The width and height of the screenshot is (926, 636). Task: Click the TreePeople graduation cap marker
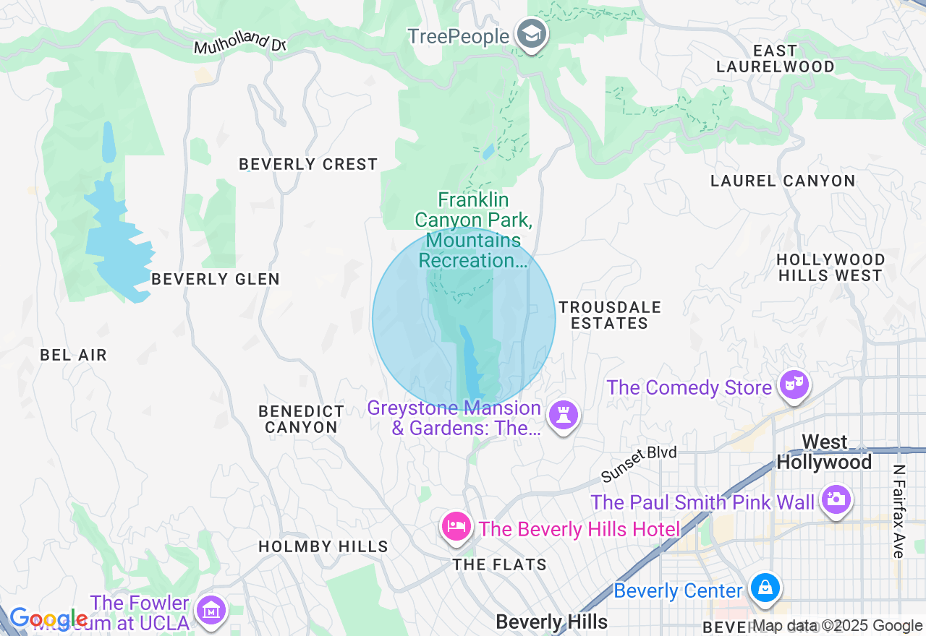[532, 34]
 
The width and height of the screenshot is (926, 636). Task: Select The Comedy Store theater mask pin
[794, 385]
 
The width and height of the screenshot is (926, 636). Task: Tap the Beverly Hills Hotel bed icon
[456, 526]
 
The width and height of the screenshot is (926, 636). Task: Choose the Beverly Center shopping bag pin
[765, 588]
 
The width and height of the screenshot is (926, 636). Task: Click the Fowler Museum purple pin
[211, 610]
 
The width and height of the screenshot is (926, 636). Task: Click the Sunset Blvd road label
[639, 464]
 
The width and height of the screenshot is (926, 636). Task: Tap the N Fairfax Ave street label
[899, 511]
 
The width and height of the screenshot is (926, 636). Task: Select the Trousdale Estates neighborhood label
[609, 315]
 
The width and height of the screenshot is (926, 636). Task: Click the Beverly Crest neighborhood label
[308, 165]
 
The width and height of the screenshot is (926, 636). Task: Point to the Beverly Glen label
[215, 279]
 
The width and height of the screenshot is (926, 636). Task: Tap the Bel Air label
[73, 355]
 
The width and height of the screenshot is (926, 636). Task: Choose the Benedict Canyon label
[301, 419]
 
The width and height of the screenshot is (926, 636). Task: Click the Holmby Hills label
[323, 546]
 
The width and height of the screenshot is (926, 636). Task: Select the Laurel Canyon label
[783, 181]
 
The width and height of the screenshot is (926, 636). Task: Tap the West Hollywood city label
[824, 452]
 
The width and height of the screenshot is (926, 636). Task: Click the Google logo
[48, 619]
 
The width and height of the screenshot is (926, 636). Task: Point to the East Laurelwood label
[775, 59]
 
